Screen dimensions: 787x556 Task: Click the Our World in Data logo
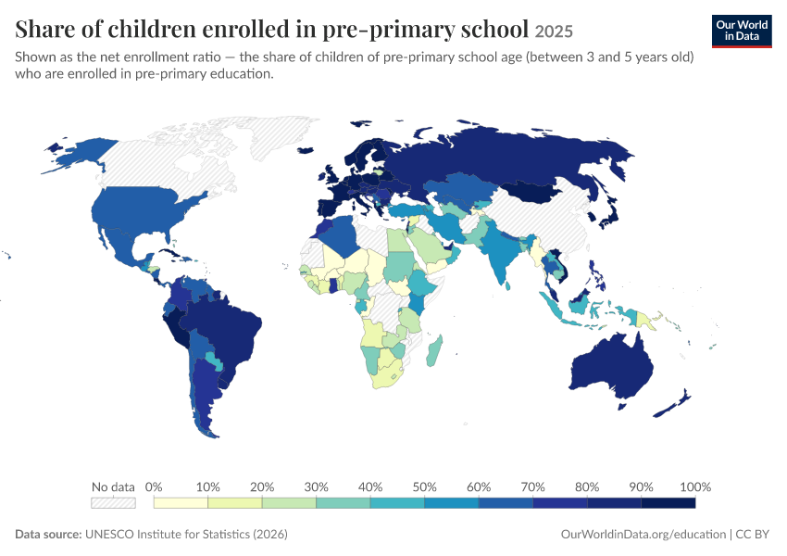(x=742, y=32)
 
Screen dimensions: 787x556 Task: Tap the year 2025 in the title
(x=554, y=32)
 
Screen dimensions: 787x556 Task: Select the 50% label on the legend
(x=425, y=486)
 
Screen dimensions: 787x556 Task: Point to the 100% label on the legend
(x=695, y=486)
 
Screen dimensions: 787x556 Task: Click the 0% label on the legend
(x=154, y=486)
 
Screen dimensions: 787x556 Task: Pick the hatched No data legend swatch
(x=114, y=503)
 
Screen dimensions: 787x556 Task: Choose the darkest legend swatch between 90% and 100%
(x=668, y=503)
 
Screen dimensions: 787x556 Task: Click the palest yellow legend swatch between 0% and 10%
(x=181, y=503)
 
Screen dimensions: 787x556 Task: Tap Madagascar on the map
(x=434, y=350)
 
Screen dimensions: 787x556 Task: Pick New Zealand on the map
(x=671, y=404)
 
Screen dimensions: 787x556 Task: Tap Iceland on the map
(x=306, y=150)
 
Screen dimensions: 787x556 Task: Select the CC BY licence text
(x=753, y=534)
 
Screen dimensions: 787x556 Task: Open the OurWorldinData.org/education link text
(x=643, y=535)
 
